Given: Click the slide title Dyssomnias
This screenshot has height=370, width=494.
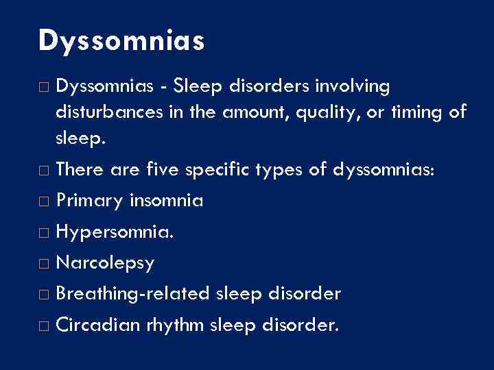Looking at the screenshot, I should pyautogui.click(x=121, y=41).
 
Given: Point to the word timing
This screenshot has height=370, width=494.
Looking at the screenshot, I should pyautogui.click(x=417, y=112).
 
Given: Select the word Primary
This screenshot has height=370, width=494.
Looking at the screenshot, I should pyautogui.click(x=89, y=201).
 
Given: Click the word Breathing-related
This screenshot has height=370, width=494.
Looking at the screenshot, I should pyautogui.click(x=134, y=293).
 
